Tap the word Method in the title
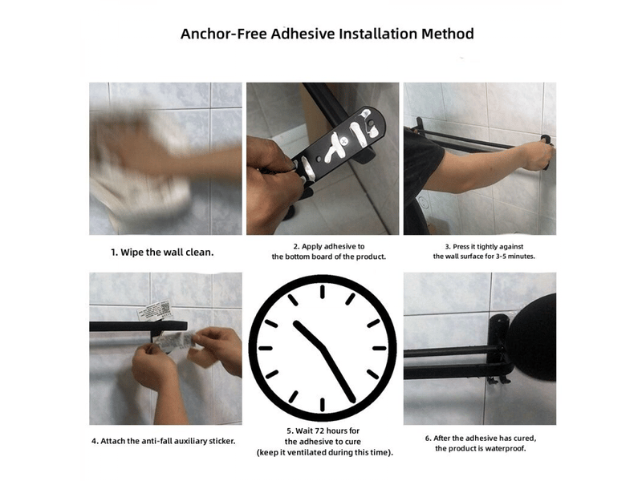tap(448, 34)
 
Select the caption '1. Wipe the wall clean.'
tap(162, 253)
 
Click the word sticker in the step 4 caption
tap(222, 442)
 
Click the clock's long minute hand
tap(339, 374)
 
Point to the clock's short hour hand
tap(310, 335)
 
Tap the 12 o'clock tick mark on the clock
tap(323, 292)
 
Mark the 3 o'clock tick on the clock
tap(380, 349)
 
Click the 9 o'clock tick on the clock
tap(266, 349)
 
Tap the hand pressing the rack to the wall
tap(538, 155)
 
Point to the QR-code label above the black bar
tap(154, 311)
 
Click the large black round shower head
tap(533, 336)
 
